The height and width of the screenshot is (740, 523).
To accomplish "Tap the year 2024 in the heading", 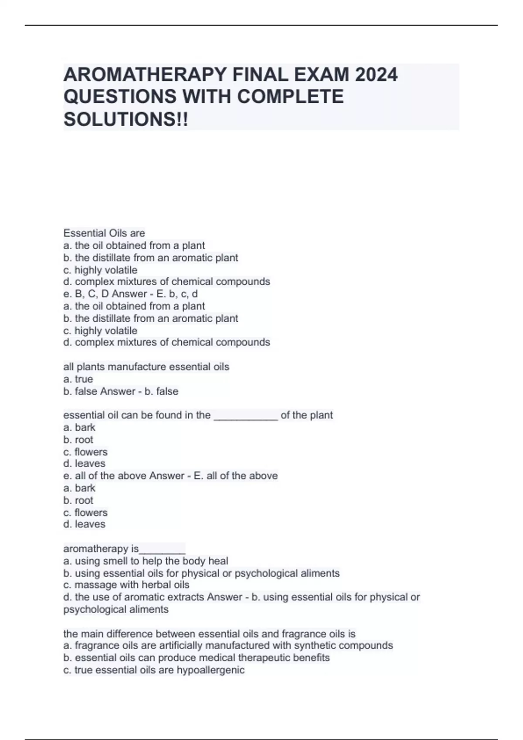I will (376, 74).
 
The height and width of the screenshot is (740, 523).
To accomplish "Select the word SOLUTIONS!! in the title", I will (126, 119).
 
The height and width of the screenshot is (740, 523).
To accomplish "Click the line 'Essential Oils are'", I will (104, 233).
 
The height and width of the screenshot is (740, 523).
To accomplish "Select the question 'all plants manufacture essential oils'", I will (146, 367).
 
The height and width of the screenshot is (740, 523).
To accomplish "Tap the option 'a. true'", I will (78, 379).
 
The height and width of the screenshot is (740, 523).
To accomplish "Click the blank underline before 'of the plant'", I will (245, 416).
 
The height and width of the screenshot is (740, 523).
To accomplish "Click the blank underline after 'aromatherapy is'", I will (162, 549).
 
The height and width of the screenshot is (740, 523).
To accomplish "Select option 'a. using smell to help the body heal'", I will (146, 561).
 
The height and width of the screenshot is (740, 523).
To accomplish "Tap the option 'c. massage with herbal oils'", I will (126, 585).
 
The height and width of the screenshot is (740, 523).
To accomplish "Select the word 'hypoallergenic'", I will (211, 670).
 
